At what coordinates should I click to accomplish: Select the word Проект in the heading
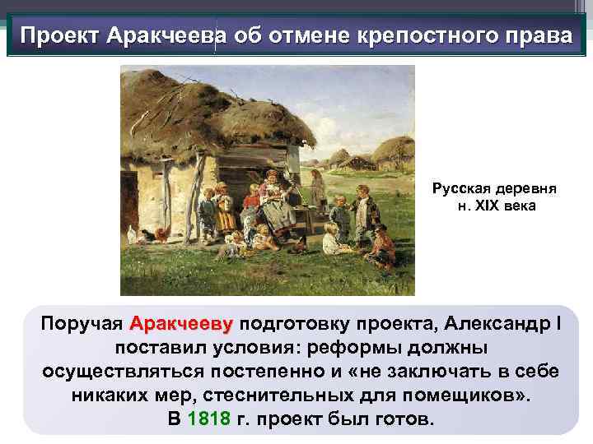57,37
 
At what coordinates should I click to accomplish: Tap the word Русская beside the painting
459,188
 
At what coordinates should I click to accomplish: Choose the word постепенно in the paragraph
280,371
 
